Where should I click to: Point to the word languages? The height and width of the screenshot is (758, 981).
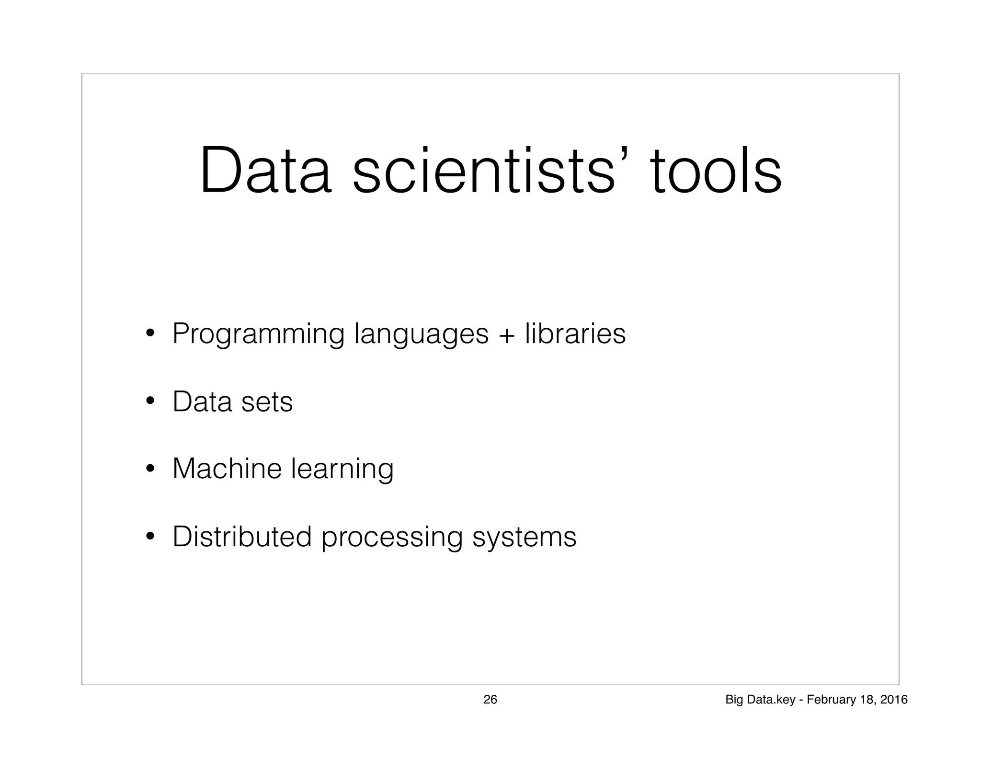tap(421, 334)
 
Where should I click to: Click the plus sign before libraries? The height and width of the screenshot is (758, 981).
tap(506, 334)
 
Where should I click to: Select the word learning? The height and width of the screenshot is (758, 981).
tap(342, 470)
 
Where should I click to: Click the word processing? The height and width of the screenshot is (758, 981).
tap(392, 538)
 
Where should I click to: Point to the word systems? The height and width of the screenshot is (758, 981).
tap(525, 538)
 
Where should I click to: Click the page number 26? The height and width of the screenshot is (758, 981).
tap(490, 700)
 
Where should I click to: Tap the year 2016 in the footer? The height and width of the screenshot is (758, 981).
tap(895, 700)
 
